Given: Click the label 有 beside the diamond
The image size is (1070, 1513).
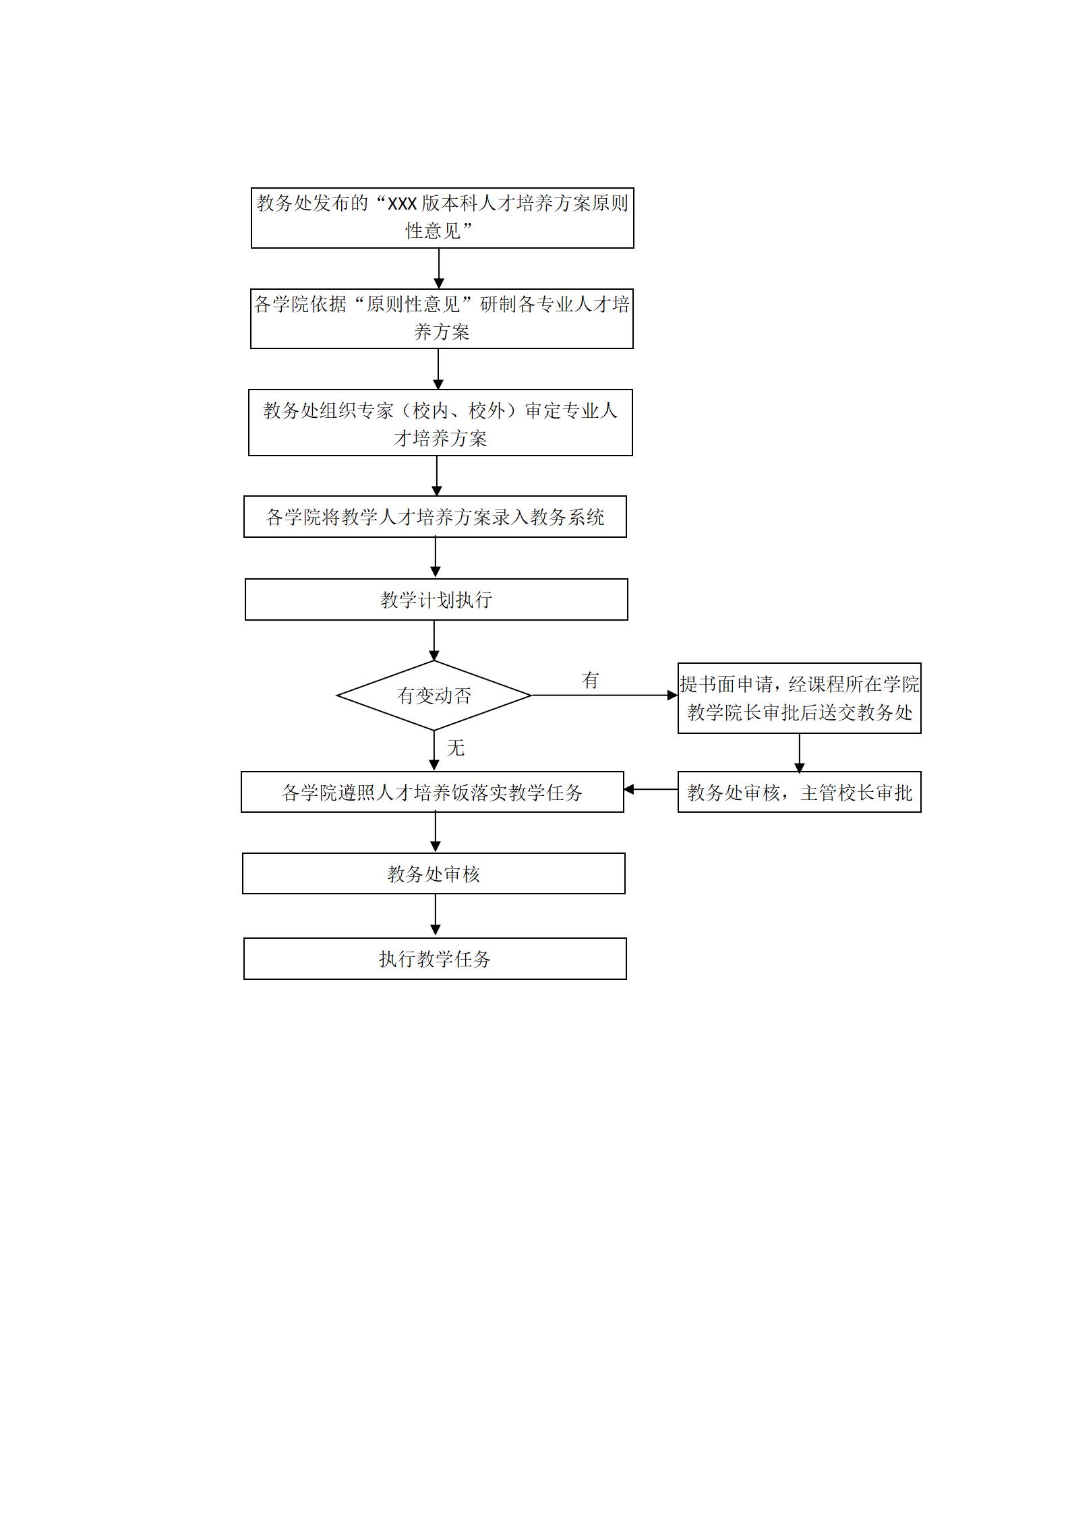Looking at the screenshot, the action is click(591, 680).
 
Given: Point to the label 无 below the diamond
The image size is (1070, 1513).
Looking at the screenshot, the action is click(456, 747).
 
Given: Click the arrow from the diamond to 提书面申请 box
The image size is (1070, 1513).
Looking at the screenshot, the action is click(605, 695).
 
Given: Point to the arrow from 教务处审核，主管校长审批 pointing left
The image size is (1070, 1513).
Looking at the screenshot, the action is click(651, 789).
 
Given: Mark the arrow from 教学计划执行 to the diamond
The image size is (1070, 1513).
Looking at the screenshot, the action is click(434, 640).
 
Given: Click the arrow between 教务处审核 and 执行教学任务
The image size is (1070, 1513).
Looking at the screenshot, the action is click(435, 916).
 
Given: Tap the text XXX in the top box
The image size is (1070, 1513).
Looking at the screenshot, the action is click(402, 203).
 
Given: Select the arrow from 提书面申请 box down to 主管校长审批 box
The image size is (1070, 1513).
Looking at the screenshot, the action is click(800, 753).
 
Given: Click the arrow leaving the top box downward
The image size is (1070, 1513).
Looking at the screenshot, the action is click(439, 269).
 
